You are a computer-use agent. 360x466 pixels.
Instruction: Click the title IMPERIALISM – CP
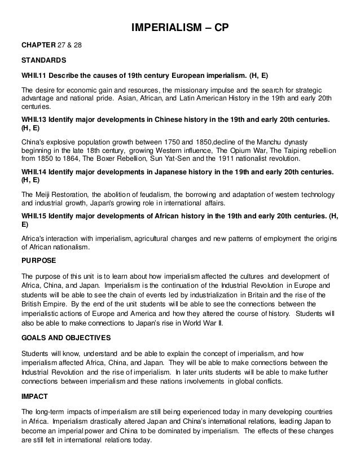coord(179,27)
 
